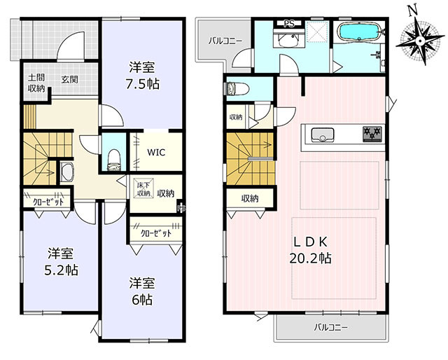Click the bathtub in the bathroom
point(359,31)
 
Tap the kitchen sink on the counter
point(323,134)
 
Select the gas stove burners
point(372,134)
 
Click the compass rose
point(420,41)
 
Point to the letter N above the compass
point(412,11)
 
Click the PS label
point(289,24)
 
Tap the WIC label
point(156,152)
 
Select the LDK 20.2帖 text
point(311,250)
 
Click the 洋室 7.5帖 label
point(143,76)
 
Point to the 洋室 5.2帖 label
point(61,262)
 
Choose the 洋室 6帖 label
point(142,291)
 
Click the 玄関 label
point(70,79)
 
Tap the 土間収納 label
point(36,83)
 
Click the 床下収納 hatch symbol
point(144,188)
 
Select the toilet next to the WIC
point(114,160)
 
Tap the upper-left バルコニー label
point(225,41)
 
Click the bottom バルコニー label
point(331,327)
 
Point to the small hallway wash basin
point(67,172)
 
